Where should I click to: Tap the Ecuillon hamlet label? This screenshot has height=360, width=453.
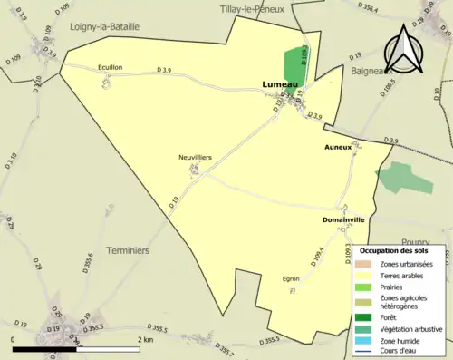click(x=111, y=66)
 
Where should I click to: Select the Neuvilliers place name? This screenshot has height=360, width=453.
click(x=195, y=157)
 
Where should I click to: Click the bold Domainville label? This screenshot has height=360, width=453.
click(x=343, y=219)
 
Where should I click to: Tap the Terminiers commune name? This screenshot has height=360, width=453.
click(x=128, y=249)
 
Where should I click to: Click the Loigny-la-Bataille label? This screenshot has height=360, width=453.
click(x=104, y=27)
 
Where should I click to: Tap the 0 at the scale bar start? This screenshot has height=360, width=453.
click(x=13, y=339)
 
